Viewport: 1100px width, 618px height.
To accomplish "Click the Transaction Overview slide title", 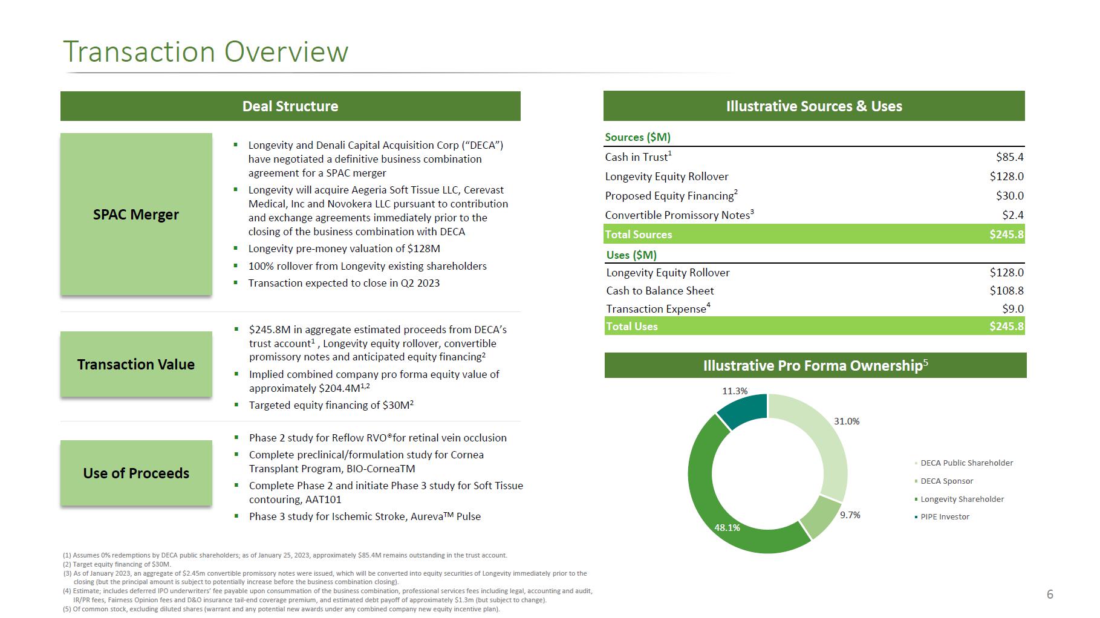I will [206, 52].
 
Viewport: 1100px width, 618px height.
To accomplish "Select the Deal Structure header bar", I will [290, 106].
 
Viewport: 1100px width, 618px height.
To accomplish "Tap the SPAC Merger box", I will [136, 215].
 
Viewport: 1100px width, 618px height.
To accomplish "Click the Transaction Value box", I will [136, 364].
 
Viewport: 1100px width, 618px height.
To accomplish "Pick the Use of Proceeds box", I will [136, 473].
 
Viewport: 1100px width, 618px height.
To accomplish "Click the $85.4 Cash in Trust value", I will [1009, 157].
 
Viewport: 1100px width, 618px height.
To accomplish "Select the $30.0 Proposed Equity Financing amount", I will [1009, 196].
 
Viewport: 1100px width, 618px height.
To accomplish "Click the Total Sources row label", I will [639, 235].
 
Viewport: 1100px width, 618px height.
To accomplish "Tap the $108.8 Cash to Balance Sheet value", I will [1006, 291].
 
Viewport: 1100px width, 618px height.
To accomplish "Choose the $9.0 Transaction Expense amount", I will [1012, 309].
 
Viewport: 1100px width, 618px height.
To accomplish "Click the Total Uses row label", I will [632, 327].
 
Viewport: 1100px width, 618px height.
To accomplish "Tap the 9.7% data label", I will [850, 515].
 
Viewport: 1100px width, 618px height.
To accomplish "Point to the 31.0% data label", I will [847, 421].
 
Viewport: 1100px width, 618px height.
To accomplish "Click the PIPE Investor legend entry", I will [945, 516].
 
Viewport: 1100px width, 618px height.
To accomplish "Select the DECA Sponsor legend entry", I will [946, 481].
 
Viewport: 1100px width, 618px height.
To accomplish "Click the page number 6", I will [1050, 594].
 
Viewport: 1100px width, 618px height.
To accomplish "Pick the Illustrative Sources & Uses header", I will [814, 106].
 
